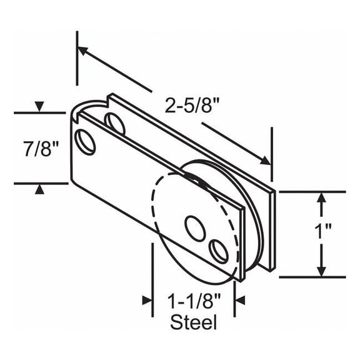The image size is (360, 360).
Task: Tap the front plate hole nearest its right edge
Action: coord(219,251)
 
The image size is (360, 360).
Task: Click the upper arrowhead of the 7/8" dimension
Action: coord(39,107)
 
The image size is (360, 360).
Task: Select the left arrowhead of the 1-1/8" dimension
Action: coord(147,300)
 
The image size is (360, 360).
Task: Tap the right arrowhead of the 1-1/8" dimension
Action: coord(240,300)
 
